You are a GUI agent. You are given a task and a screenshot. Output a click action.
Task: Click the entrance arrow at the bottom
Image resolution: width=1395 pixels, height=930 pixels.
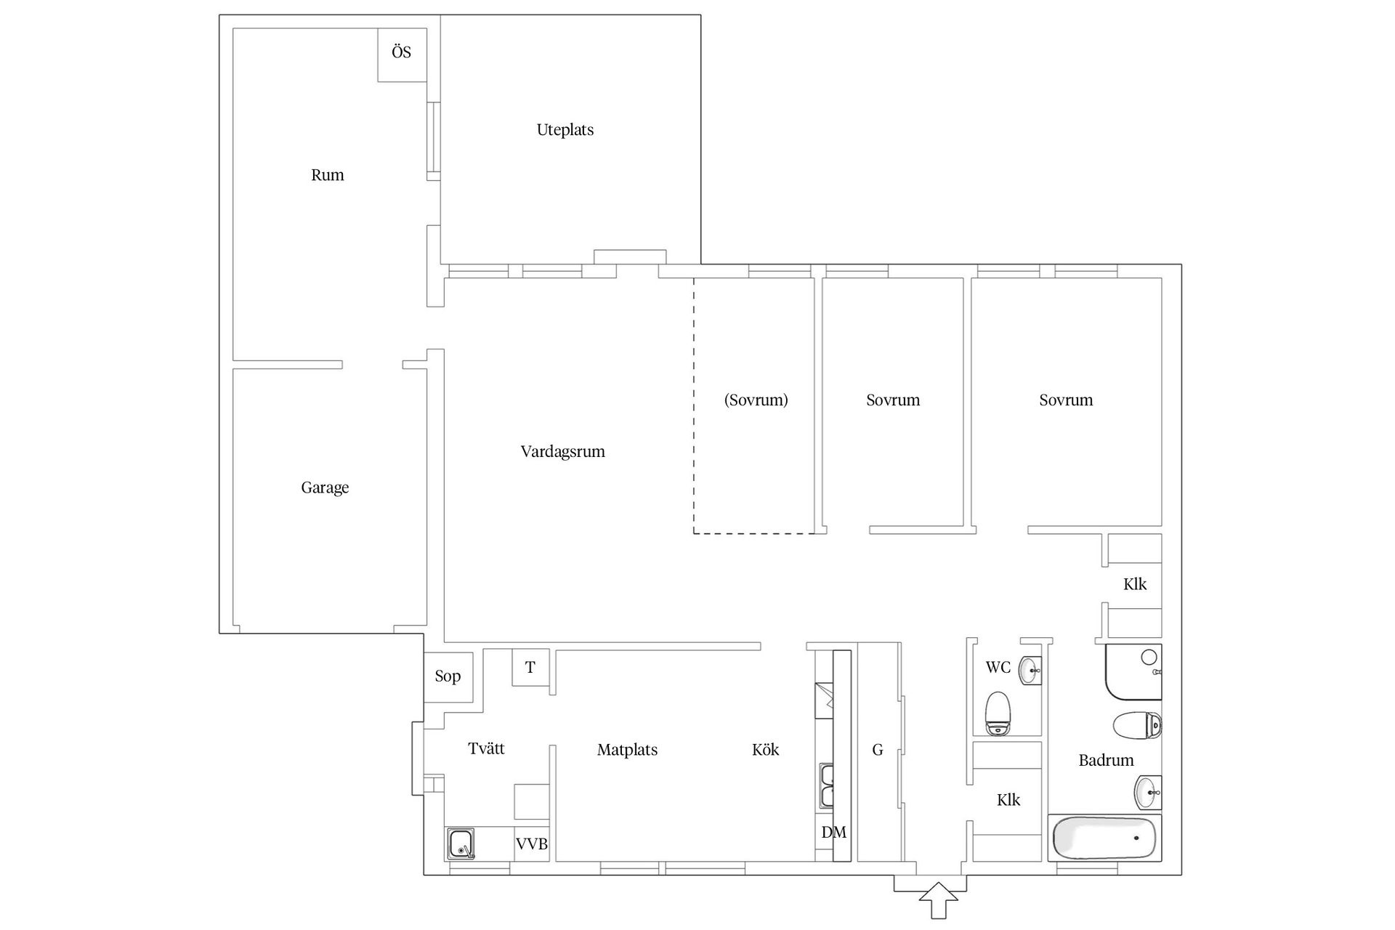pos(939,901)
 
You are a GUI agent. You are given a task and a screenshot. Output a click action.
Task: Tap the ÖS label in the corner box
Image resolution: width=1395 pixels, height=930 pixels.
pos(401,52)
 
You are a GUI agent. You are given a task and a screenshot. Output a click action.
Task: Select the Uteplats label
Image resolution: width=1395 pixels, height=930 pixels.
pos(565,130)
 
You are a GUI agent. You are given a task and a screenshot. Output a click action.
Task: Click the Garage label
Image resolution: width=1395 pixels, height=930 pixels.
pos(325,488)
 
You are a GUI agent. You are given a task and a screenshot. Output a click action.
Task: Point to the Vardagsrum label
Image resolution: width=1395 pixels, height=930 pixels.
pos(563,452)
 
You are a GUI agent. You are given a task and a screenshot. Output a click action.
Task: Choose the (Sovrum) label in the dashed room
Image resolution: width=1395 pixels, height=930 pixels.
pos(756,400)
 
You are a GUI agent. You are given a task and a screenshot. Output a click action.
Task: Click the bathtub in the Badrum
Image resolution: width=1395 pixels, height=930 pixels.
pos(1104,838)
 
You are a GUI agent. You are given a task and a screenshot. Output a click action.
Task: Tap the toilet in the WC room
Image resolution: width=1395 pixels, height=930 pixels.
pos(998,713)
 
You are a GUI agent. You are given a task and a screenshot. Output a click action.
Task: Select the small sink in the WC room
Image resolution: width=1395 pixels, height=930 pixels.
pos(1030,671)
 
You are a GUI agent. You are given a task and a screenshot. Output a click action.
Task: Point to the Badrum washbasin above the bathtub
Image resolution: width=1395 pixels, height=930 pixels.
pos(1148,793)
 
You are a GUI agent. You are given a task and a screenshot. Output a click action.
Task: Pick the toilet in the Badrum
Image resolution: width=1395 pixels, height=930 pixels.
pos(1138,725)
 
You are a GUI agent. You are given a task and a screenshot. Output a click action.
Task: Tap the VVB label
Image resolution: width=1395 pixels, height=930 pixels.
pos(532,844)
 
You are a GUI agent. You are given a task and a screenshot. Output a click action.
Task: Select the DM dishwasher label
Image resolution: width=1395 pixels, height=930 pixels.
pos(834,833)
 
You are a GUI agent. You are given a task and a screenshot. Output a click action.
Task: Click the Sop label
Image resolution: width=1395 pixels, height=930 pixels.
pos(448,676)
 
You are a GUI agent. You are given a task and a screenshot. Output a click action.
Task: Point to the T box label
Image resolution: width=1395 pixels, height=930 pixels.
pos(530,668)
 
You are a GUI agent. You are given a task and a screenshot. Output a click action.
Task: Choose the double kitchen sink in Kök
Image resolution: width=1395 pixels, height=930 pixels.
pos(827,785)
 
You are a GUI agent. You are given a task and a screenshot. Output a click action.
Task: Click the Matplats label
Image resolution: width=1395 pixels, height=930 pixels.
pos(627,750)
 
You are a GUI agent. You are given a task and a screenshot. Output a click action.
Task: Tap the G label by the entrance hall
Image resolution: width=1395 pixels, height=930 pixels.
pos(878,750)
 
